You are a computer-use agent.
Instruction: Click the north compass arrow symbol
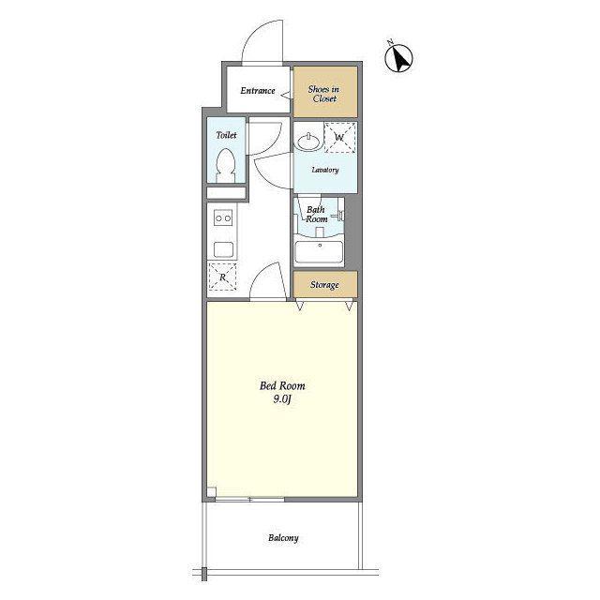coord(398,58)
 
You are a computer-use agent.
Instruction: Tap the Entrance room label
coord(258,91)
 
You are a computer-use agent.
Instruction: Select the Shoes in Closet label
coord(323,94)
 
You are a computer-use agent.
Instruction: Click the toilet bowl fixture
coord(225,166)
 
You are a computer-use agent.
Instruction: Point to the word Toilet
coord(226,135)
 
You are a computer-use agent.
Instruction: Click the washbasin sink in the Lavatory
coord(308,142)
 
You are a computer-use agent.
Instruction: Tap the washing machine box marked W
coord(339,138)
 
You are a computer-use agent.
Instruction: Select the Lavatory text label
coord(325,170)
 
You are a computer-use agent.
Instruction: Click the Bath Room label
coord(317,215)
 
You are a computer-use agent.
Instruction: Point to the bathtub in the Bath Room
coord(319,251)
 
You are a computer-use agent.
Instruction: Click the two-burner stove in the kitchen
coord(223,218)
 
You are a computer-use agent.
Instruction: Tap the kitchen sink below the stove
coord(223,250)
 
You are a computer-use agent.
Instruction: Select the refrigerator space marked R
coord(222,277)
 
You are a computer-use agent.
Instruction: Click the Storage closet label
coord(324,285)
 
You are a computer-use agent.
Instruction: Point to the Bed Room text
coord(282,385)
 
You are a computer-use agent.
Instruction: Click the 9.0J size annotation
coord(282,399)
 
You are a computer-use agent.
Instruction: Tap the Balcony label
coord(283,537)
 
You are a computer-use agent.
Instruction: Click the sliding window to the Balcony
coord(249,499)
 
